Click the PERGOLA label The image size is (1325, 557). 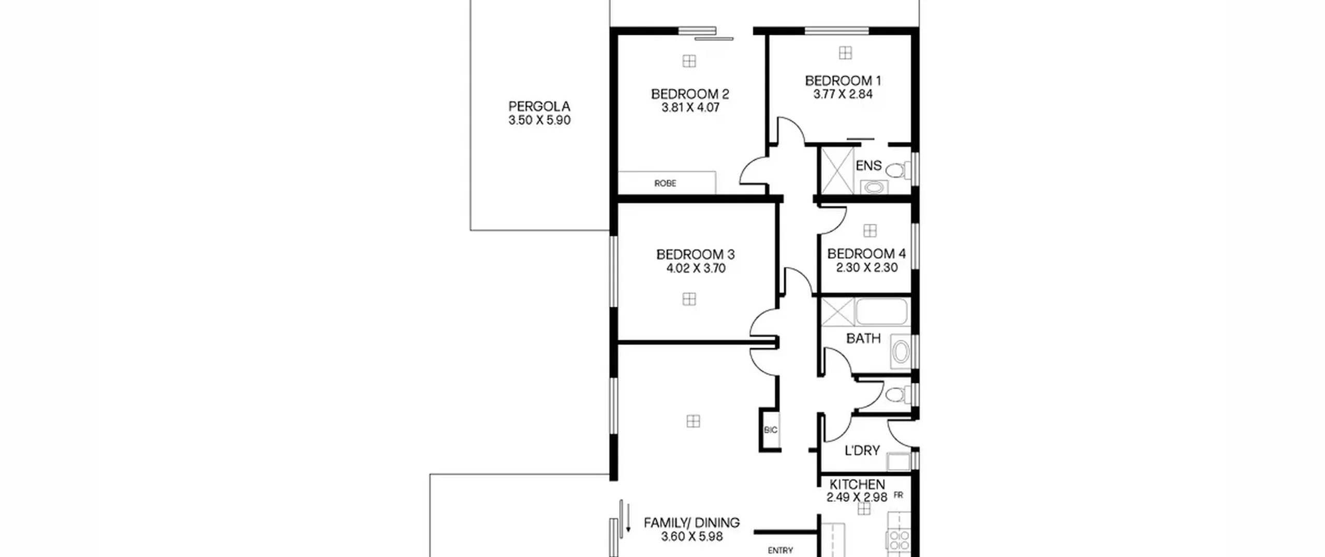point(539,107)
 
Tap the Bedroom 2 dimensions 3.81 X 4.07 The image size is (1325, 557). point(690,108)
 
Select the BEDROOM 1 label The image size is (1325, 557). point(843,81)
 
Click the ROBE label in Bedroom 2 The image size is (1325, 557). point(665,183)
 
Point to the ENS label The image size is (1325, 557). point(868,166)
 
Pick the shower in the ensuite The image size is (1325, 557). point(837,171)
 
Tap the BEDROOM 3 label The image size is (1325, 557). point(696,255)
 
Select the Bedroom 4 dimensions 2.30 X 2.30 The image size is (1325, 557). point(867,268)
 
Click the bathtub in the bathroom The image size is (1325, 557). point(882,311)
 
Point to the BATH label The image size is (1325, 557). point(863,339)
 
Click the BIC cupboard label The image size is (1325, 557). point(771,430)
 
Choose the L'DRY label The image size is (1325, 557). point(862,451)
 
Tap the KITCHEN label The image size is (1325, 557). point(857,485)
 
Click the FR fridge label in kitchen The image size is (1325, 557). point(898,495)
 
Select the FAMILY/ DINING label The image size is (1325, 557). point(692,523)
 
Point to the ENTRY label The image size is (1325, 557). point(781,550)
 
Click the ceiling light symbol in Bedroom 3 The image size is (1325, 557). point(689,299)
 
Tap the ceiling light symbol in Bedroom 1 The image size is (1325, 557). point(846,53)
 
